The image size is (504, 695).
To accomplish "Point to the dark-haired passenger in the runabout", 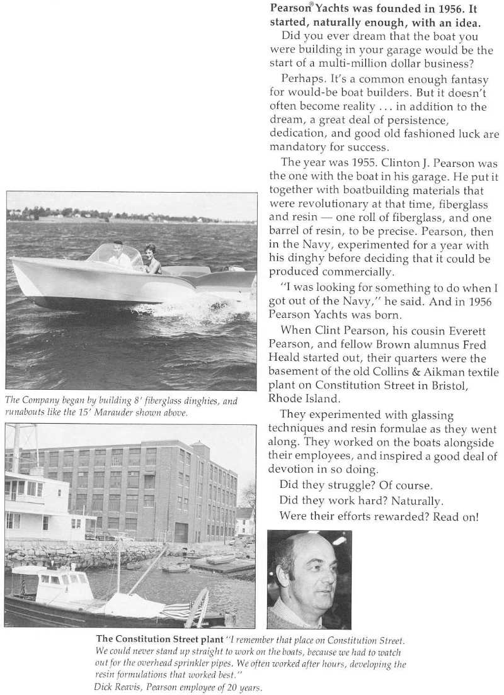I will click(151, 258).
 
